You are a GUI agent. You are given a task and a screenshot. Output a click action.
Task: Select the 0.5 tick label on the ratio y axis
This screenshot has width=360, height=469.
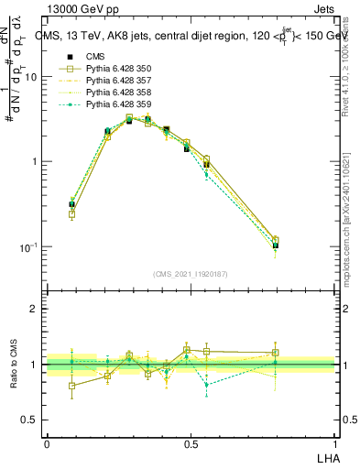[31, 420]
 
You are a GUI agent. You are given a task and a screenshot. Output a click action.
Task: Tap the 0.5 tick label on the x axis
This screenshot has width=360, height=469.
[191, 443]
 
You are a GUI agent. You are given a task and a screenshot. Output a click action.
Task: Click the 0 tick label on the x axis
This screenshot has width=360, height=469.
[47, 443]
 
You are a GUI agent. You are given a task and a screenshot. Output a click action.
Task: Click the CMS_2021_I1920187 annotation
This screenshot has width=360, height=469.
[191, 274]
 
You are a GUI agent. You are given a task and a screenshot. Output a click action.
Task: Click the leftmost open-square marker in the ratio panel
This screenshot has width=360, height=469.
[72, 386]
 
